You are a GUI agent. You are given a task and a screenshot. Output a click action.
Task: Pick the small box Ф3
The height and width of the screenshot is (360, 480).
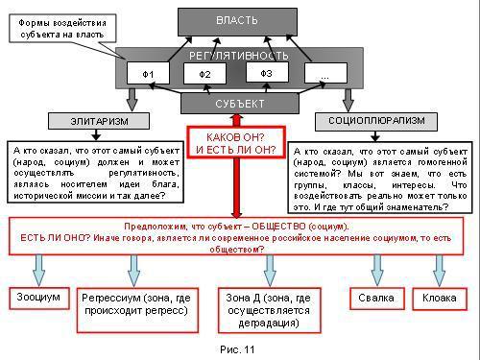(x=266, y=72)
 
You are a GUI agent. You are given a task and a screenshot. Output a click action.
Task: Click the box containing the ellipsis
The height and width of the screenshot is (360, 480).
(x=324, y=74)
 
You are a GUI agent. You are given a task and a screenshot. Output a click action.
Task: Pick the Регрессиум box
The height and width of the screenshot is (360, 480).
(x=138, y=305)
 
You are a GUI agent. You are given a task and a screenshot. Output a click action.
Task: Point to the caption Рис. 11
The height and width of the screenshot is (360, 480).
(x=235, y=349)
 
